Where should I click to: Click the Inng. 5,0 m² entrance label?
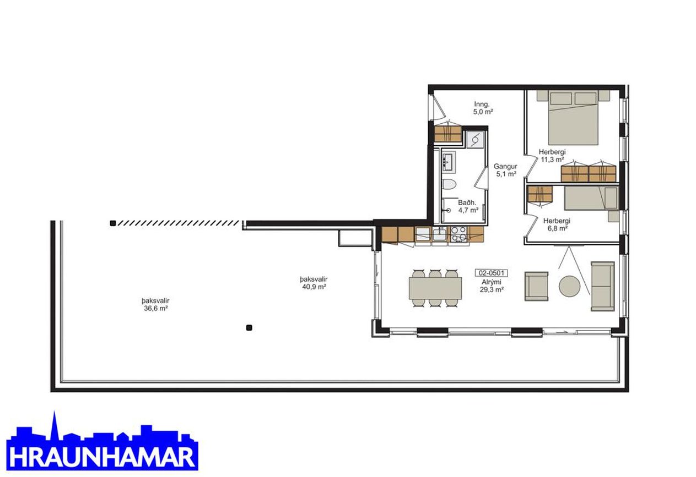pos(483,108)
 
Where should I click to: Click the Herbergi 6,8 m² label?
pos(555,224)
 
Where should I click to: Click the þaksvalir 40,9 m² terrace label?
pos(311,283)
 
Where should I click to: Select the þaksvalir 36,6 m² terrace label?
pos(154,304)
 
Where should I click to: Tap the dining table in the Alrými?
pos(435,288)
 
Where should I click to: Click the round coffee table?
pos(570,286)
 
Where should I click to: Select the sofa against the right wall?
pos(602,286)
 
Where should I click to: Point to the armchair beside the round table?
pos(536,286)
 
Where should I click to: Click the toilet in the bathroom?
pos(449,184)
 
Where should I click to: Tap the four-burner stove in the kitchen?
pos(459,234)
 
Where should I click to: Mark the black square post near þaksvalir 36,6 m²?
pos(249,328)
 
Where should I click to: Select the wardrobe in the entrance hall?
pos(447,134)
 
